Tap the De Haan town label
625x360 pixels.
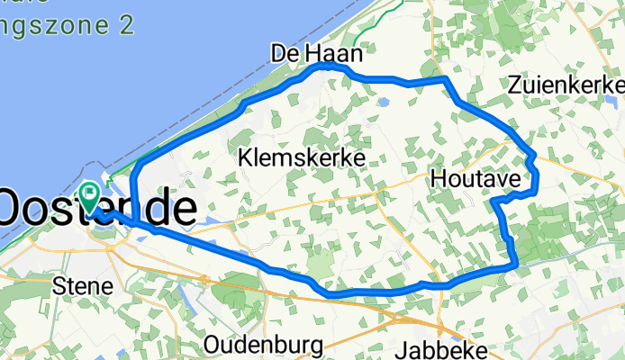[316, 55]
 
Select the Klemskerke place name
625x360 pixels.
[302, 158]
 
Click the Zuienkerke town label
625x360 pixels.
[566, 85]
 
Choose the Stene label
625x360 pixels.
[83, 286]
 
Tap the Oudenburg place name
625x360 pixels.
[263, 345]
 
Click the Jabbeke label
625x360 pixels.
[448, 347]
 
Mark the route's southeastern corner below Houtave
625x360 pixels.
[515, 265]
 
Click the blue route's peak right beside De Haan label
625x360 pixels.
[328, 65]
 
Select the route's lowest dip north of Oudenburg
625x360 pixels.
[331, 293]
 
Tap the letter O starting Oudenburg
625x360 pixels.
[213, 345]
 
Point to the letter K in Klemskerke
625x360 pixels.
[246, 158]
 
